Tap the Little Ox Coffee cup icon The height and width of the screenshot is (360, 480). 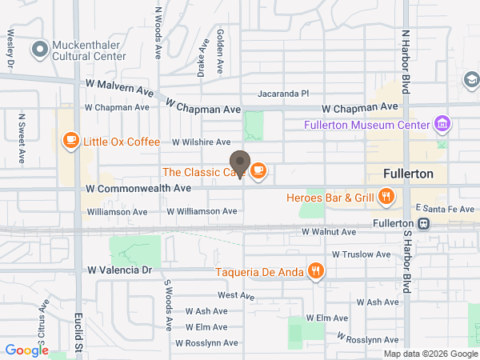(x=70, y=141)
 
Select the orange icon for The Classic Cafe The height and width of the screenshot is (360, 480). (x=258, y=170)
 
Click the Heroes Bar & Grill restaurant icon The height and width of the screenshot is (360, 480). (x=386, y=197)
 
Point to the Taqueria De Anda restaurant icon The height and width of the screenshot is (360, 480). (x=316, y=271)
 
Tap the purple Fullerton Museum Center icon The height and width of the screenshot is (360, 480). (x=440, y=124)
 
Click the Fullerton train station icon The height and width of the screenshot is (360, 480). (x=425, y=224)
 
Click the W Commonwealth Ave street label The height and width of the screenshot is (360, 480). (x=138, y=188)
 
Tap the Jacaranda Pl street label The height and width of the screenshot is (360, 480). (x=282, y=94)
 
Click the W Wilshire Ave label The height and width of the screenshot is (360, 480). (x=201, y=142)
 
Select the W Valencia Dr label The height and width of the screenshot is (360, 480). (x=119, y=270)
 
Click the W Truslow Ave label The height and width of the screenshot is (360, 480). (x=361, y=254)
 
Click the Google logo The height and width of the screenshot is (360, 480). (x=27, y=350)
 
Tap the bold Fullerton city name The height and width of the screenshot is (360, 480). (x=408, y=174)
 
